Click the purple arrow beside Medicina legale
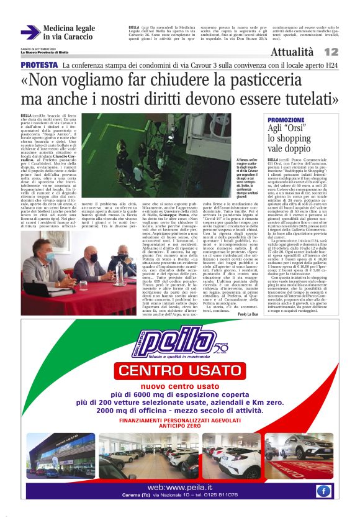tap(30, 33)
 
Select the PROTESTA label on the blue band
tap(39, 65)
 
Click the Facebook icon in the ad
tap(323, 491)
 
